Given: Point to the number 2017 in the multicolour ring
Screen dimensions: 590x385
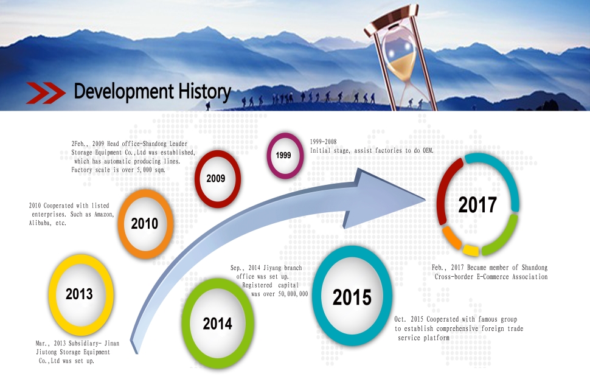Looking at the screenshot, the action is pos(477,205).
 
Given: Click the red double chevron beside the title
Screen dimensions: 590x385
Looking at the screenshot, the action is pos(46,92).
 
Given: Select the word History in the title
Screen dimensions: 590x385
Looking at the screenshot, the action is pos(204,92).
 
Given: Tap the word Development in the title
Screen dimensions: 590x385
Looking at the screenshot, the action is pos(124,92).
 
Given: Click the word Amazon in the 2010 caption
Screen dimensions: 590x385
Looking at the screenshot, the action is pos(103,214).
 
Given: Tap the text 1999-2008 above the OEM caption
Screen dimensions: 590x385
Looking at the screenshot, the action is pos(323,142).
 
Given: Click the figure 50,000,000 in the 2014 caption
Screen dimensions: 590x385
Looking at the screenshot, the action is pos(293,294).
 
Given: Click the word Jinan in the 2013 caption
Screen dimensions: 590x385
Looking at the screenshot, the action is pos(112,343).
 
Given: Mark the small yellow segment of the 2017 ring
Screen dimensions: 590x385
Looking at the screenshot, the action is pos(470,250).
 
